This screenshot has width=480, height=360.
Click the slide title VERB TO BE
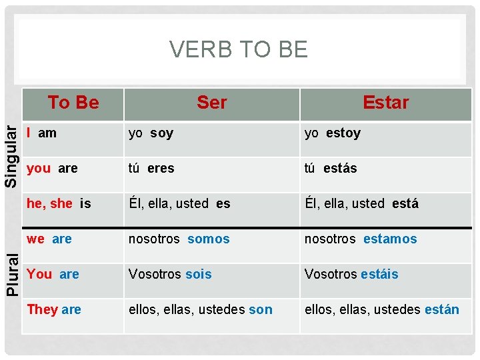tap(239, 49)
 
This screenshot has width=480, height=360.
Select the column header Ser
tap(211, 103)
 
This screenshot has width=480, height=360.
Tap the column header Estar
tap(385, 103)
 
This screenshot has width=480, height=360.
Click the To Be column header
tap(73, 103)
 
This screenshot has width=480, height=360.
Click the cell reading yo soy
tap(151, 133)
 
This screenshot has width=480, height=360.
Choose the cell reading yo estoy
tap(332, 133)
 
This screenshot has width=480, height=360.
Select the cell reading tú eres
tap(151, 169)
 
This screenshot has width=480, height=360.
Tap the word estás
tap(340, 169)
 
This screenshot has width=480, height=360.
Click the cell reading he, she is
tap(59, 204)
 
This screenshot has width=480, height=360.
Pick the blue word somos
tap(209, 239)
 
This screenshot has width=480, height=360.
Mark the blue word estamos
tap(390, 239)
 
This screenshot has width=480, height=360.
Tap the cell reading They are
tap(54, 310)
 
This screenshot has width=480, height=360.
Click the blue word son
tap(261, 310)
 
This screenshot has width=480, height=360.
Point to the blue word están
tap(442, 310)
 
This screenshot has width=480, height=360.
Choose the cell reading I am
tap(41, 133)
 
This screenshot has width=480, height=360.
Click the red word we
tap(36, 239)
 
